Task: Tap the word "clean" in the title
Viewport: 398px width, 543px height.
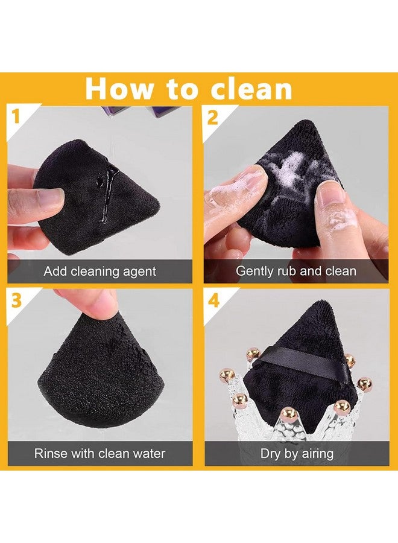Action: tap(251, 89)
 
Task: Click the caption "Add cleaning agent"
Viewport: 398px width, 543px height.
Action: tap(99, 271)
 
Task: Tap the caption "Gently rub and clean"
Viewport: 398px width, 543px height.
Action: tap(295, 271)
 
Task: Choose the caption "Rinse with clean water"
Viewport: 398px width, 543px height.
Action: tap(99, 453)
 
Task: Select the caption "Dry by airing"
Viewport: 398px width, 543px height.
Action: tap(295, 453)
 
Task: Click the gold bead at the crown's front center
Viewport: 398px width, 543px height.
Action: tap(288, 413)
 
